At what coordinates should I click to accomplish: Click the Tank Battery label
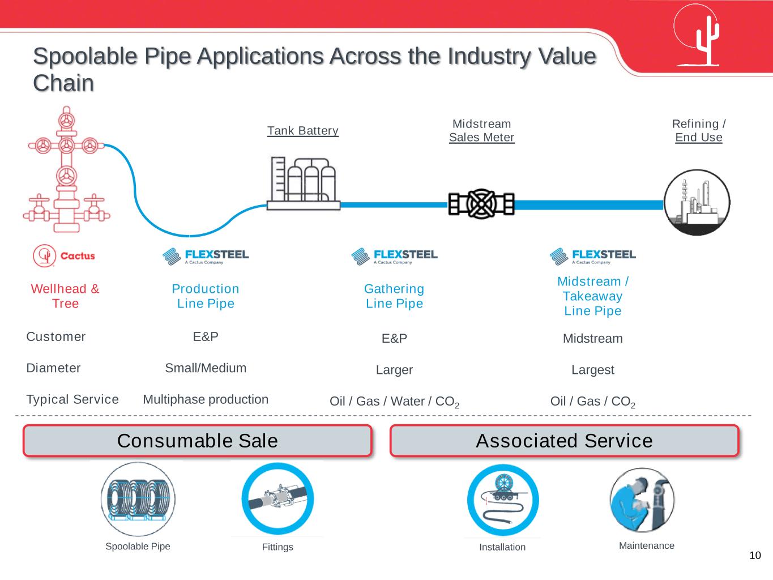(x=303, y=131)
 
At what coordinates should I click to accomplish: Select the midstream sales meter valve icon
(x=481, y=204)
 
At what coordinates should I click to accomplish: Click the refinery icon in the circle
(x=697, y=203)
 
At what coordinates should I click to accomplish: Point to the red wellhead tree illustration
(x=67, y=170)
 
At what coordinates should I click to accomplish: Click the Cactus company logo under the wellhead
(x=63, y=256)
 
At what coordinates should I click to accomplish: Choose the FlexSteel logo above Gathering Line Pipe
(x=394, y=256)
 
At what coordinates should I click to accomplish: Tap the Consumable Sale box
(x=197, y=441)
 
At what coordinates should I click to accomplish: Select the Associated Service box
(x=564, y=441)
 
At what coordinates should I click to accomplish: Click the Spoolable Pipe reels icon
(x=138, y=499)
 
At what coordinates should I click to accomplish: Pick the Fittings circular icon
(x=277, y=499)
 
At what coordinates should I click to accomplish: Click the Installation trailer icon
(x=502, y=500)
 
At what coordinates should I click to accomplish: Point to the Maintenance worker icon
(x=642, y=500)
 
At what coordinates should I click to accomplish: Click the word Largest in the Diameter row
(x=592, y=370)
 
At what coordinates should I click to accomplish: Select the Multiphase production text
(x=206, y=399)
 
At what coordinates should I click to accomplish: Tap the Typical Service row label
(x=72, y=399)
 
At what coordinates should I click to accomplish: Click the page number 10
(x=755, y=555)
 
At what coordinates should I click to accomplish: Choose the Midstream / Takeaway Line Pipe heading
(x=593, y=296)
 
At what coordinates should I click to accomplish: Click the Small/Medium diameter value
(x=206, y=368)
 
